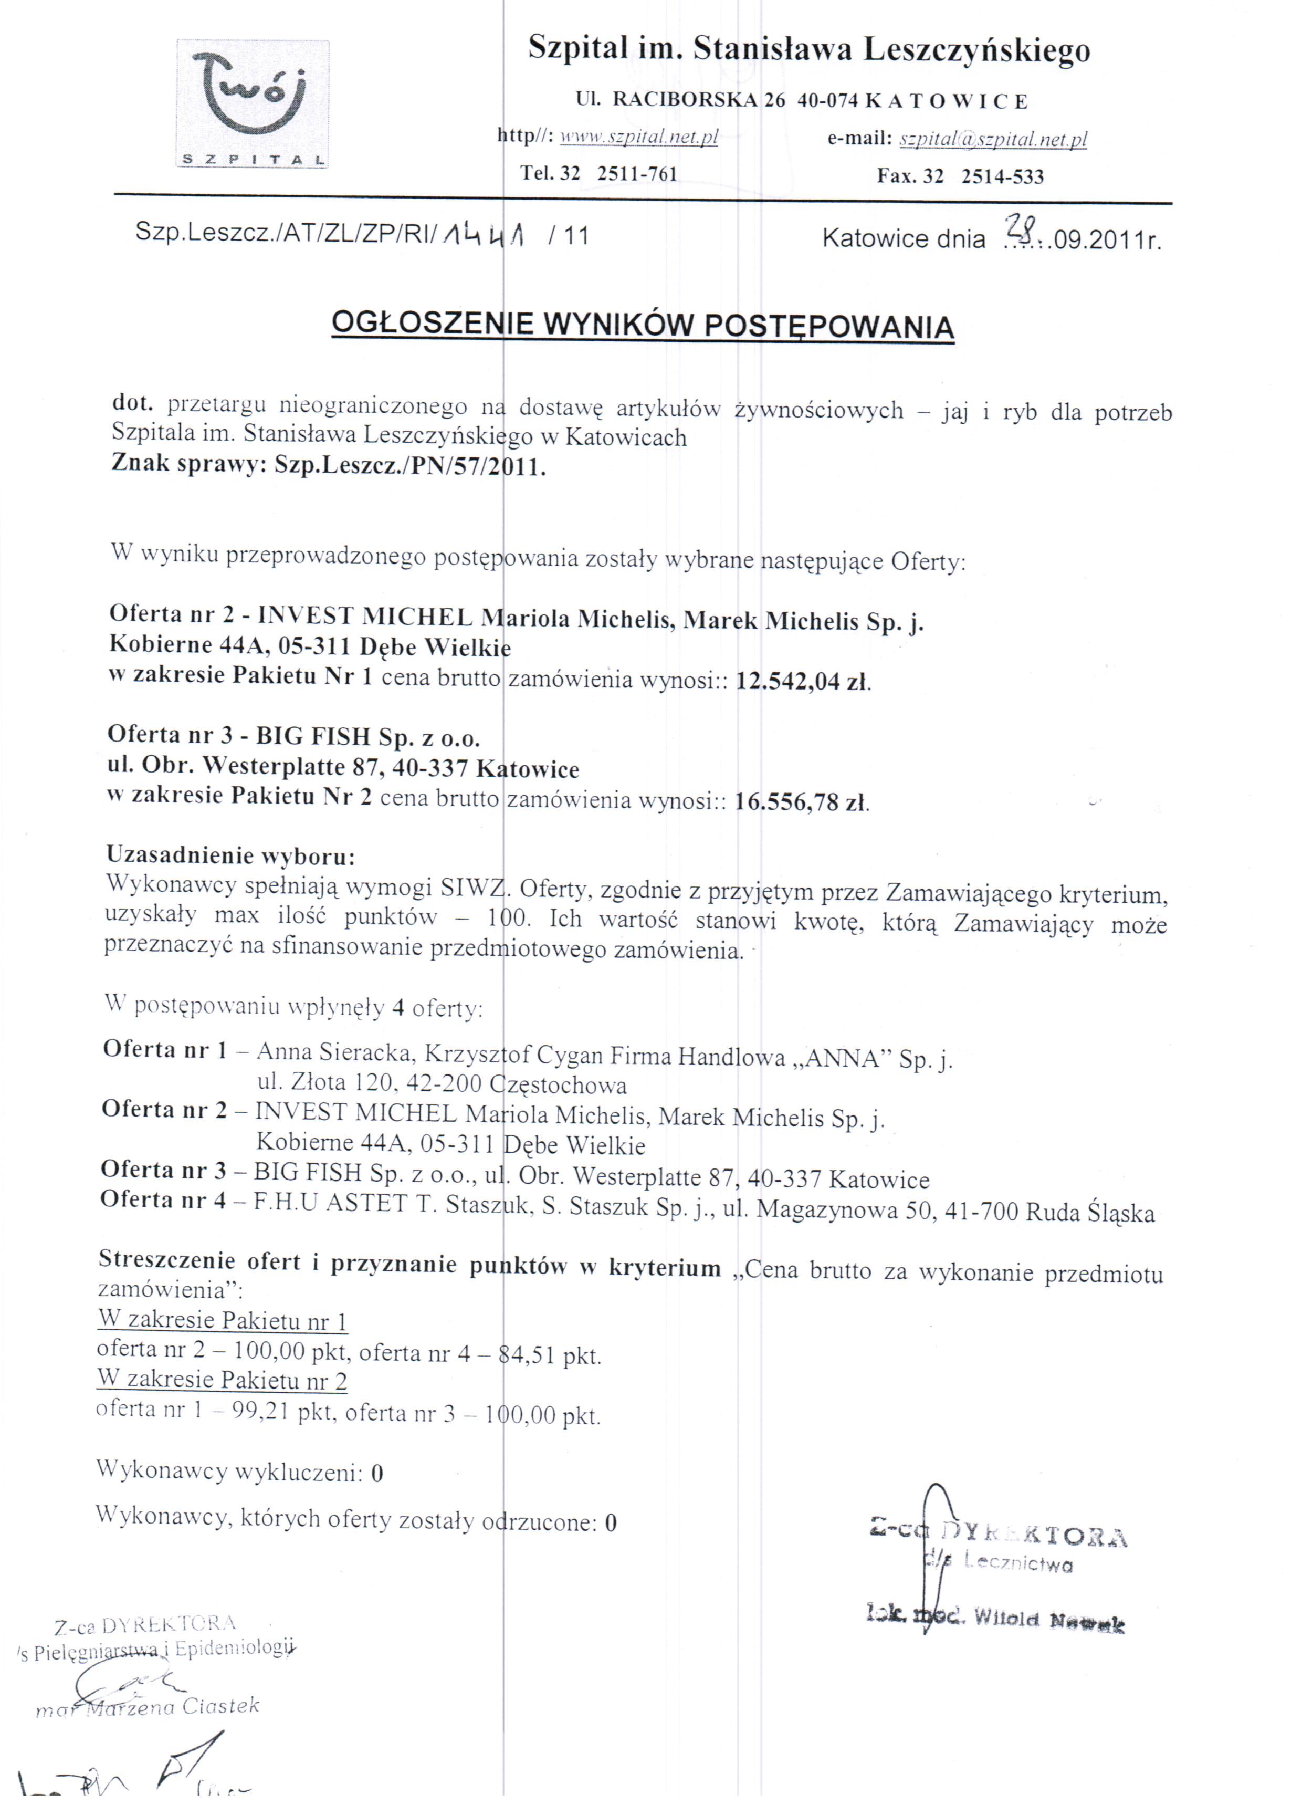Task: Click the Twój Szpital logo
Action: pos(253,103)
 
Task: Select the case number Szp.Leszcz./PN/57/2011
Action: pos(410,466)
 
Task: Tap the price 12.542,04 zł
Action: pos(803,682)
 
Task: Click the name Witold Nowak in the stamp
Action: pos(1048,1618)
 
